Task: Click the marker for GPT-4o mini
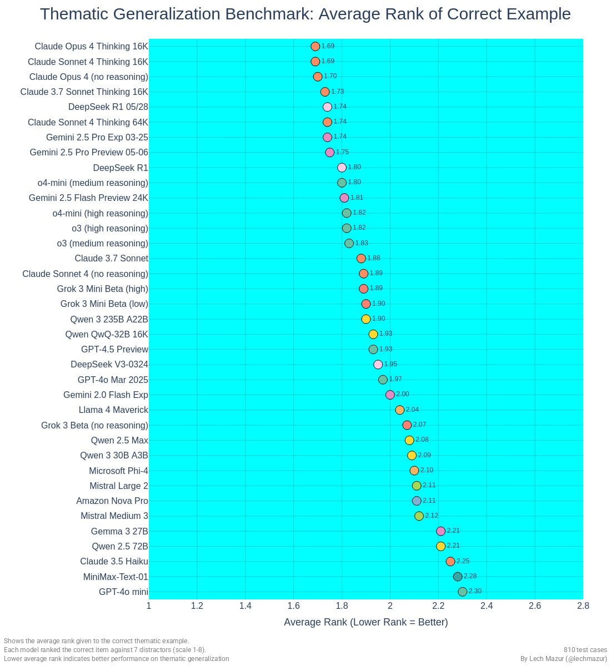[x=462, y=592]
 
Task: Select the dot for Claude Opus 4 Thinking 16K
[x=315, y=47]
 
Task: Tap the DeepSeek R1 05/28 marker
[x=327, y=107]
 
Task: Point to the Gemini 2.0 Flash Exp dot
[x=390, y=395]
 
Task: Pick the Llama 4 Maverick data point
[x=400, y=410]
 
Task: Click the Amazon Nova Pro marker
[x=417, y=501]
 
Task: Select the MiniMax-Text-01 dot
[x=458, y=577]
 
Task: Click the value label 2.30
[x=475, y=591]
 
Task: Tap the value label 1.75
[x=342, y=152]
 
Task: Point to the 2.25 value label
[x=463, y=561]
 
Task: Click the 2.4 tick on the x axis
[x=487, y=606]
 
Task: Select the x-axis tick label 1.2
[x=197, y=606]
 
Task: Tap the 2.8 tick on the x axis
[x=583, y=606]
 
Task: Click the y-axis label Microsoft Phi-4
[x=118, y=471]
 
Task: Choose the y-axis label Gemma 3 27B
[x=119, y=531]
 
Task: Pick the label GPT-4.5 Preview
[x=114, y=349]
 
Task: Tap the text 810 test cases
[x=585, y=650]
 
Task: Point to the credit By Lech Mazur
[x=563, y=659]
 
